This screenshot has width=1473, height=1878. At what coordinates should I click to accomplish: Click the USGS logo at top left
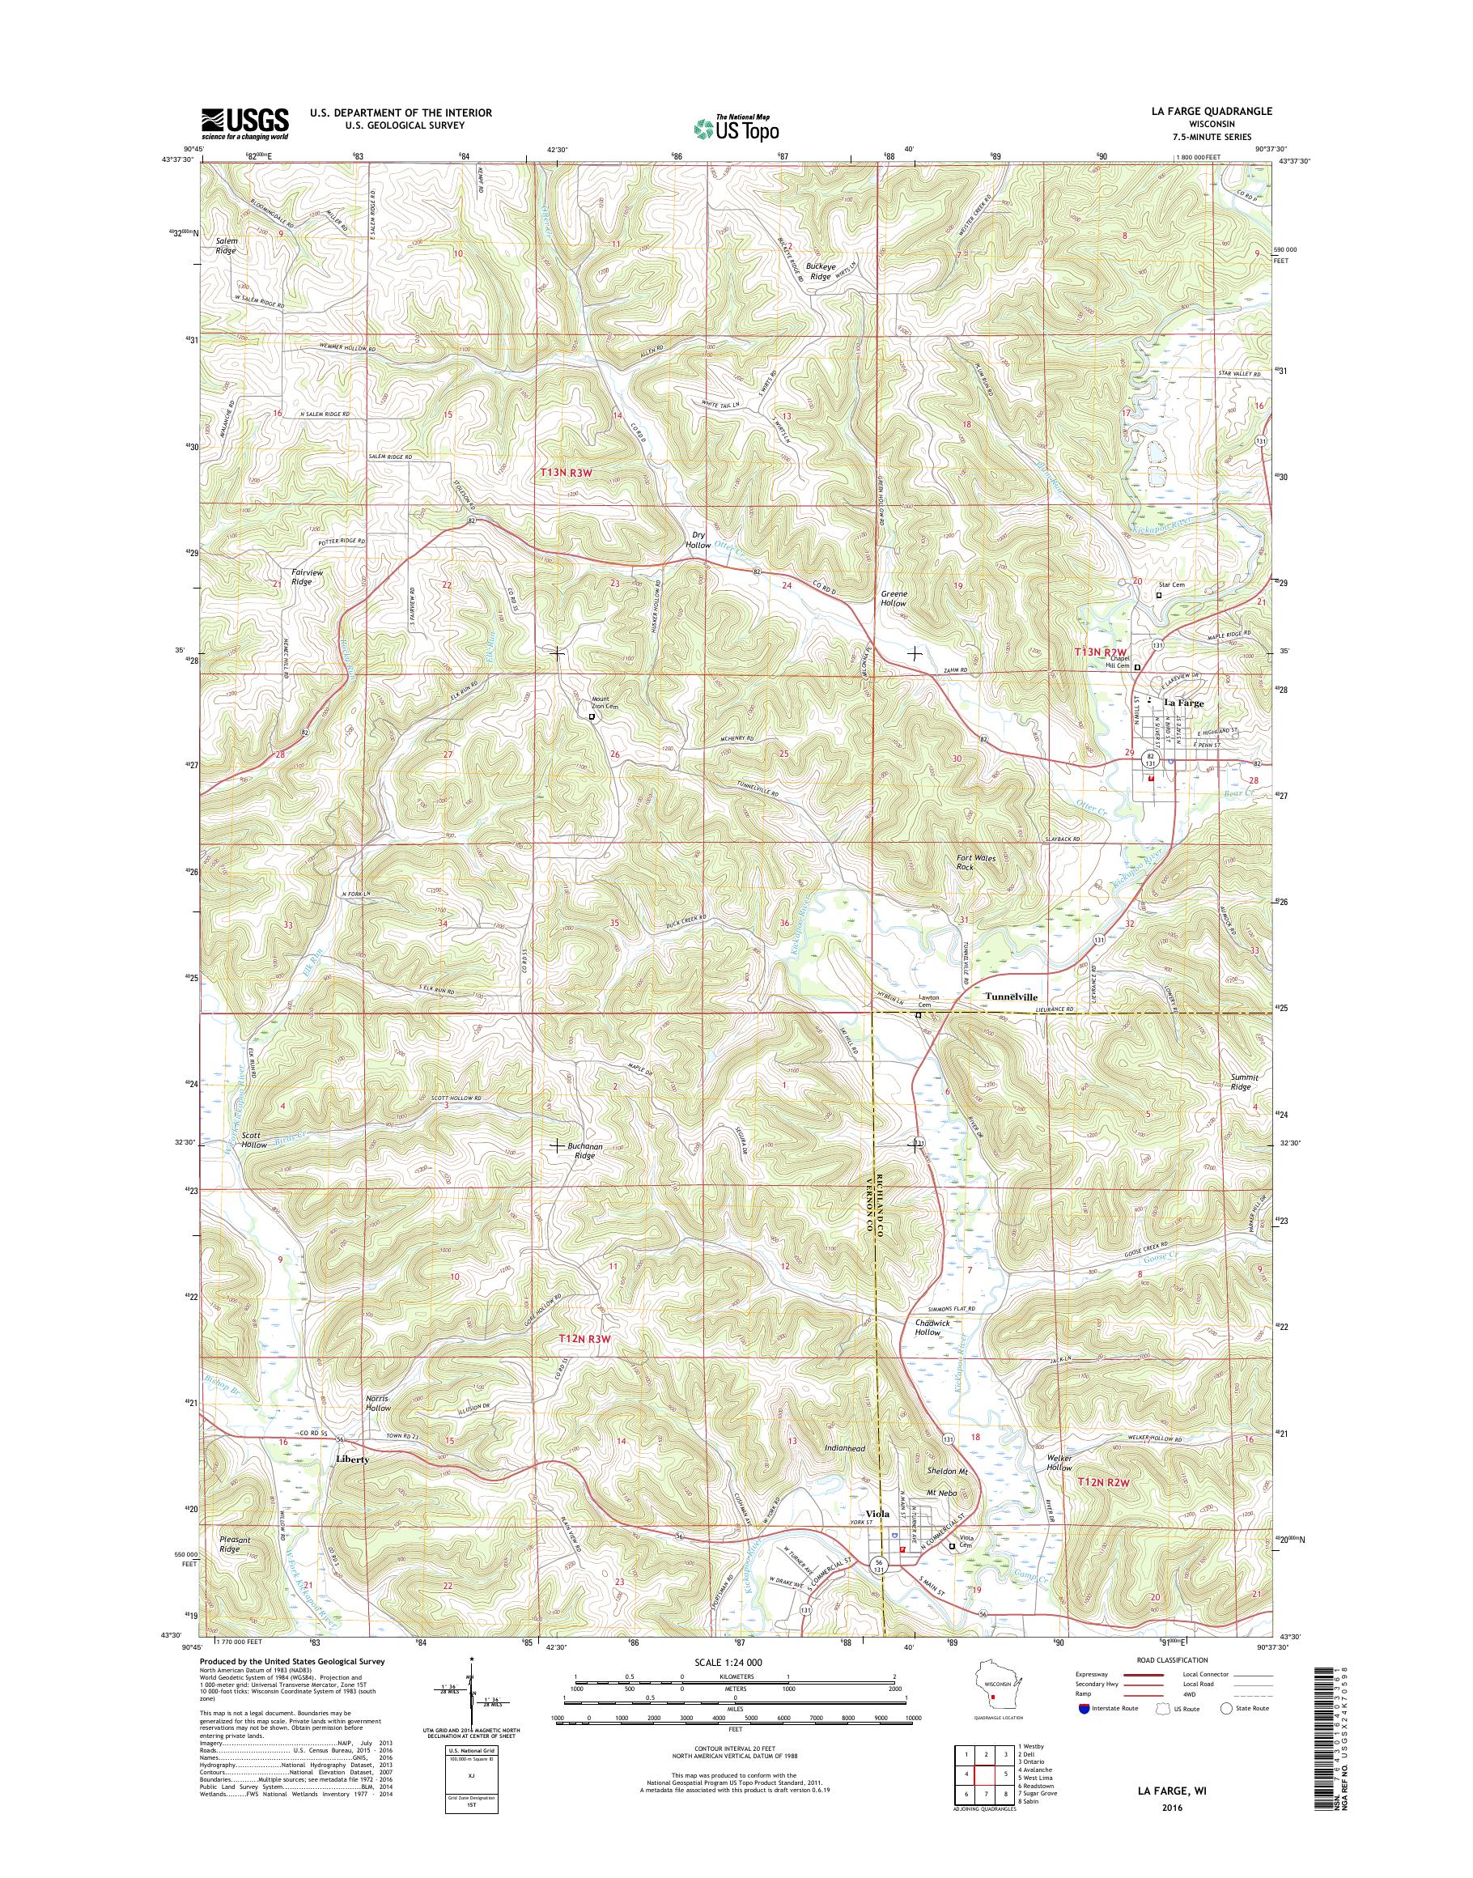click(245, 123)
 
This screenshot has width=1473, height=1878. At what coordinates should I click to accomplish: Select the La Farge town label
click(1183, 703)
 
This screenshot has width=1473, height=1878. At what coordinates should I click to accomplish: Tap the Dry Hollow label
click(698, 540)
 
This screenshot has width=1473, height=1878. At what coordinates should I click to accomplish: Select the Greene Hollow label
click(894, 599)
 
